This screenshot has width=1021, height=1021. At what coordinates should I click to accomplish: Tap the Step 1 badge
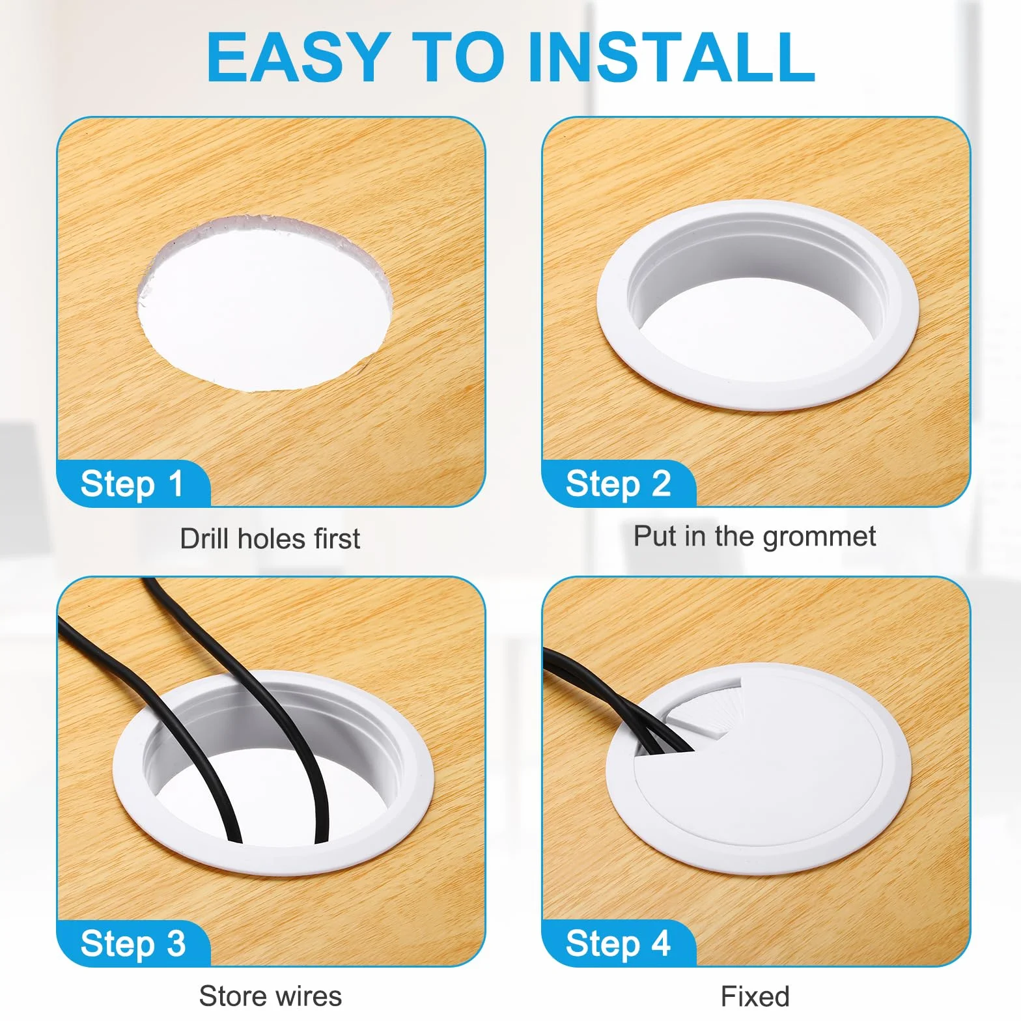tap(133, 483)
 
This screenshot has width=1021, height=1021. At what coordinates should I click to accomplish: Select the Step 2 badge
tap(619, 483)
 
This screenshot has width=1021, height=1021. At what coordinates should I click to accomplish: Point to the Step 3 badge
tap(133, 943)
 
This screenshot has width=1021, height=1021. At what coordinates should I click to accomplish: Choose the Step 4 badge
tap(619, 943)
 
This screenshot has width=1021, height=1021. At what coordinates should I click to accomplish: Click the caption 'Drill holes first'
tap(270, 539)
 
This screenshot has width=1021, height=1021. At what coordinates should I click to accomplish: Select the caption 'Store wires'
tap(270, 996)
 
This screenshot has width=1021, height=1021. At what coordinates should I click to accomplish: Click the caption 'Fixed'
tap(755, 996)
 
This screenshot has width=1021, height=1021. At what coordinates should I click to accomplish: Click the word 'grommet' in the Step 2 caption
tap(819, 538)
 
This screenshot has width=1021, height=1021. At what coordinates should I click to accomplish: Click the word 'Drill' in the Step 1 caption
tap(205, 538)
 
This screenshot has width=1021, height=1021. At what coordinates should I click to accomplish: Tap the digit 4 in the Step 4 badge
tap(661, 942)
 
